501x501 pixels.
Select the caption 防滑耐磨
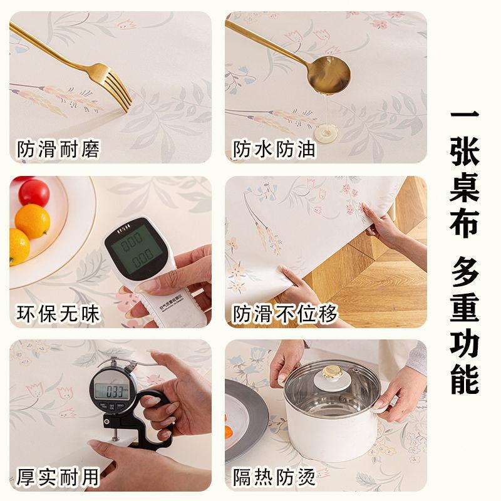[58, 150]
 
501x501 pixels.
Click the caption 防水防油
[274, 150]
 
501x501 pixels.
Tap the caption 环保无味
[58, 313]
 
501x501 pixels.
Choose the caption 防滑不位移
[285, 313]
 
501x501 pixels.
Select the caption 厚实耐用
[58, 477]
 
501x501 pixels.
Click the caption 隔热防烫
[274, 477]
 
